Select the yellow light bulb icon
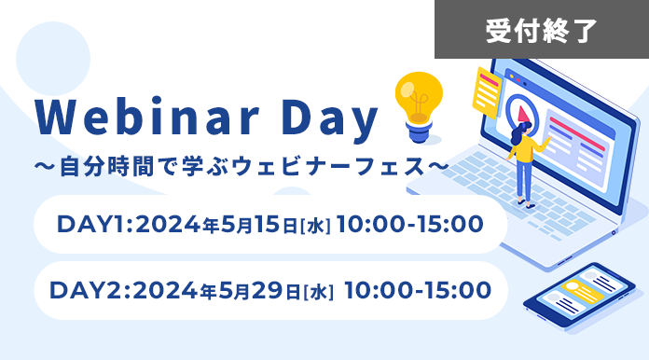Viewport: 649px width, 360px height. [419, 105]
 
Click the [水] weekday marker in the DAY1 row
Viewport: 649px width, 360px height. [314, 226]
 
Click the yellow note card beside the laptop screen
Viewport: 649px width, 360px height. [486, 90]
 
